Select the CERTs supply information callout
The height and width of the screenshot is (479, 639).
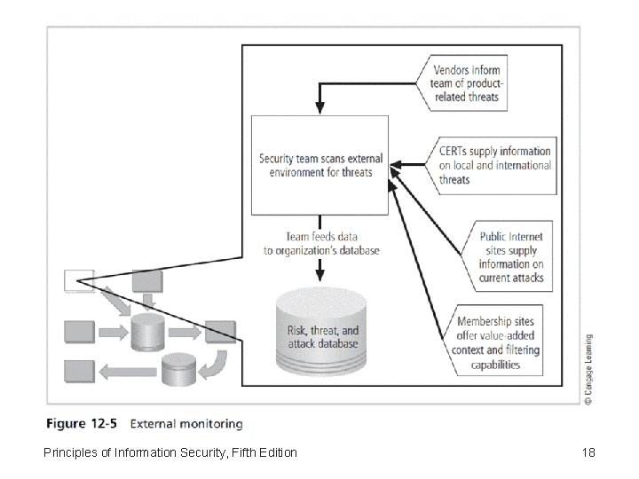[x=495, y=165]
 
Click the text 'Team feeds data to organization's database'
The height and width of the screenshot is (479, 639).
[x=321, y=244]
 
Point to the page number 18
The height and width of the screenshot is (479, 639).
[x=588, y=453]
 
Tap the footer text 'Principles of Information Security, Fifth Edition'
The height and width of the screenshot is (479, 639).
[x=170, y=453]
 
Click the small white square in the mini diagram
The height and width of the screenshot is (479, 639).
[x=75, y=281]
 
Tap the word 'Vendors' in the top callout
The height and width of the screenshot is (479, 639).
[x=454, y=70]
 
